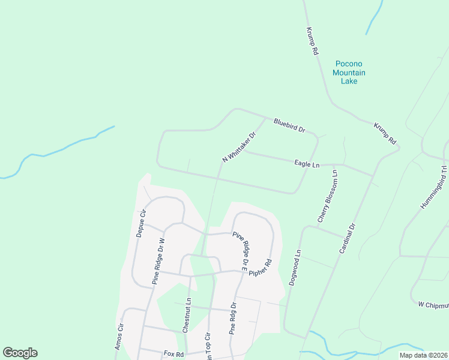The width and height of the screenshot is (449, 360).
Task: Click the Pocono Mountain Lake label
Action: pos(349,72)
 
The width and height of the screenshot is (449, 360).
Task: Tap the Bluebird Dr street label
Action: pos(289,125)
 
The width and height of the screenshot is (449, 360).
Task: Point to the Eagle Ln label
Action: pos(306,163)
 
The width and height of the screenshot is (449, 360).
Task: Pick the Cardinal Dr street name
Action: pos(348,238)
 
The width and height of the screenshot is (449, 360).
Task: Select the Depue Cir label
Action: pos(141,224)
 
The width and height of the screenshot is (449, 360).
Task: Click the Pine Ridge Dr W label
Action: pos(158,260)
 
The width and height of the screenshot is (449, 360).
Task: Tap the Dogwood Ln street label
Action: pos(294,267)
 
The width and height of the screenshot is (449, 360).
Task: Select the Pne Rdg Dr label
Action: pos(234,318)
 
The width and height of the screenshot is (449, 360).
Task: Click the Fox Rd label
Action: pos(173,354)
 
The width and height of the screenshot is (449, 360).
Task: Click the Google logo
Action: pos(20,353)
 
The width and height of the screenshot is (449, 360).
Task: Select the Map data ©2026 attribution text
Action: pos(423,355)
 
